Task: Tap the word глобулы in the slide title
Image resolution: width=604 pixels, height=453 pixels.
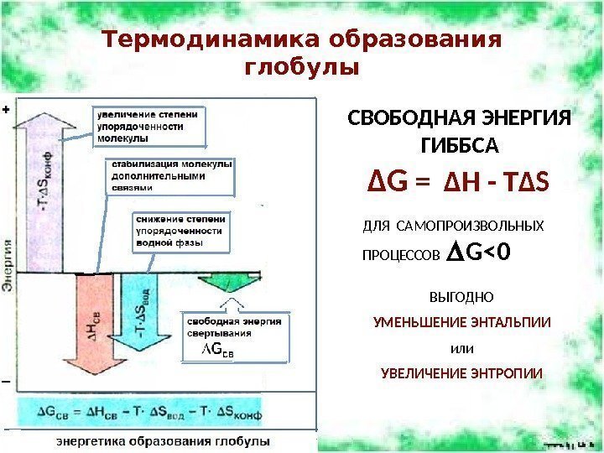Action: coord(300,66)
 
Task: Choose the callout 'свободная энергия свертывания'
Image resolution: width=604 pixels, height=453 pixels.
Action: coord(233,338)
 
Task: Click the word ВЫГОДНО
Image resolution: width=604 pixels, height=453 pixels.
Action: coord(461,297)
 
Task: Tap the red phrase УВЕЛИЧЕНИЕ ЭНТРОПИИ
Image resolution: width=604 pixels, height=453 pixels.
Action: coord(461,372)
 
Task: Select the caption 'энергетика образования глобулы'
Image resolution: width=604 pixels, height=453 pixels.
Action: coord(163,440)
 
